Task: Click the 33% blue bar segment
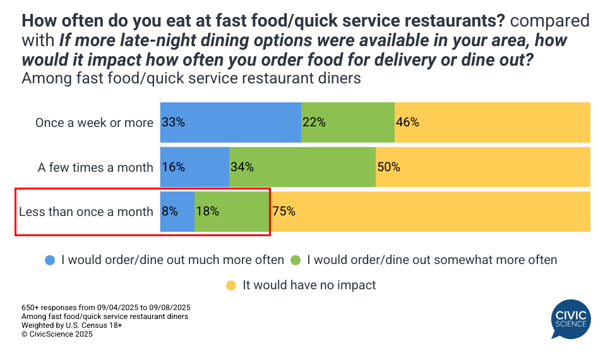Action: click(x=230, y=123)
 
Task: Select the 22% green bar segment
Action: click(x=348, y=123)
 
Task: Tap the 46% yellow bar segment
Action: click(x=493, y=123)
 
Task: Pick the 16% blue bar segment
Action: click(x=194, y=167)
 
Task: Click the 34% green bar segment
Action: click(x=302, y=167)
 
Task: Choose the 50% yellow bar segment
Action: click(x=483, y=167)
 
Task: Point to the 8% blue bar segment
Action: click(x=177, y=212)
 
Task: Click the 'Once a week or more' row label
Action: click(x=94, y=123)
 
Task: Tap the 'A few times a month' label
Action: click(x=95, y=167)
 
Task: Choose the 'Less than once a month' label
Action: click(x=86, y=212)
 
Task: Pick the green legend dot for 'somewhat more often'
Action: click(x=296, y=260)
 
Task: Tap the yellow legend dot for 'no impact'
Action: click(x=232, y=285)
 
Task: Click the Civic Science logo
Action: click(x=570, y=320)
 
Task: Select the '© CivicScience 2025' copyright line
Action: click(x=57, y=335)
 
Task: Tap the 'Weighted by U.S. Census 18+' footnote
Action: click(x=71, y=325)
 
